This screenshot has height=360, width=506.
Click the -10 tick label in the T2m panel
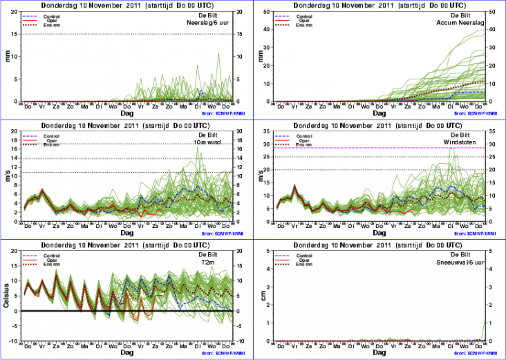click(x=13, y=341)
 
